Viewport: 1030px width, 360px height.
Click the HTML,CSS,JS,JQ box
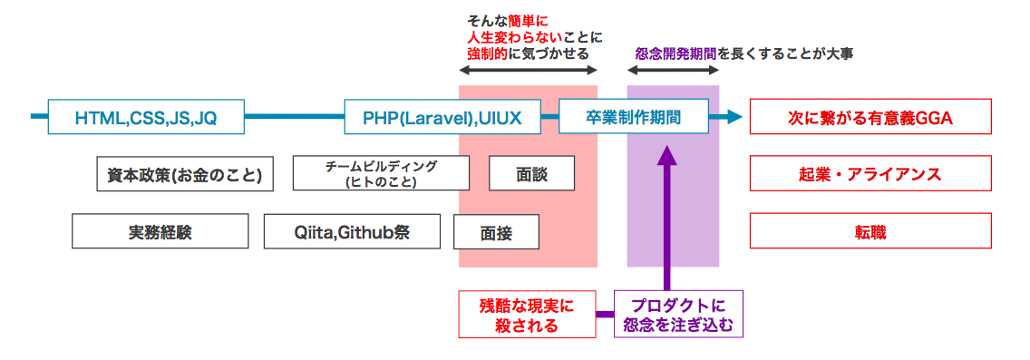[x=145, y=117]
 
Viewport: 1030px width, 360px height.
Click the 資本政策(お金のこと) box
[x=184, y=174]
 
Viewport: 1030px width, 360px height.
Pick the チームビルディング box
[x=381, y=173]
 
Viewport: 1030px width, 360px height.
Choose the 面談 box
[x=531, y=173]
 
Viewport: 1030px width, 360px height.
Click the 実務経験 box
[x=160, y=232]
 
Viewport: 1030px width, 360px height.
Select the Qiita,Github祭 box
[x=352, y=232]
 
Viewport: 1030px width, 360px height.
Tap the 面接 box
[x=496, y=232]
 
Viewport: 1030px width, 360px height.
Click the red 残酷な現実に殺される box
[x=528, y=315]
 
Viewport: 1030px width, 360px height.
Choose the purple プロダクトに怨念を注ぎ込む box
[x=679, y=315]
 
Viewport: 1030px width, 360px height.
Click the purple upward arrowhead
[x=667, y=156]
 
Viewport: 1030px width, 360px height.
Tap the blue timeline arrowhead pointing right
[x=732, y=117]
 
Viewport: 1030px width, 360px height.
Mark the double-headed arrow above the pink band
[x=529, y=71]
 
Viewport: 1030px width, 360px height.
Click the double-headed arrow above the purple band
[x=674, y=71]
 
